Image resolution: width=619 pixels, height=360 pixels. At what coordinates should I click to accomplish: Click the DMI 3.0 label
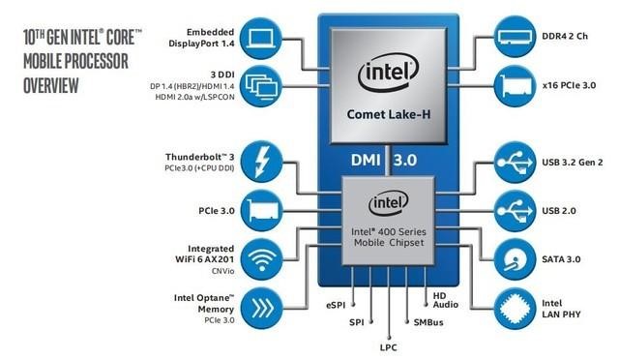(x=386, y=157)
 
